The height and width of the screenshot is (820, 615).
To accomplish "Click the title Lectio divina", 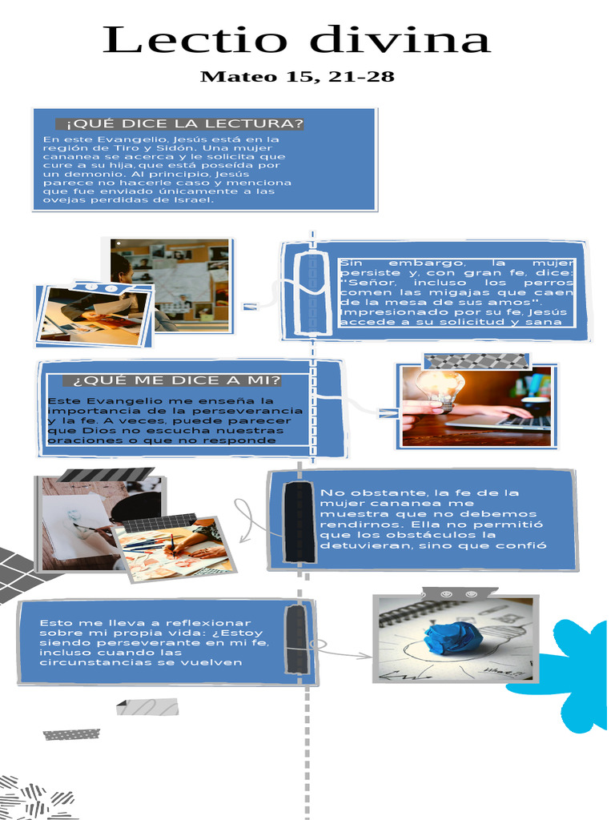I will coord(296,40).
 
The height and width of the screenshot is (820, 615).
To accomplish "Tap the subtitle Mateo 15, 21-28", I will coord(296,77).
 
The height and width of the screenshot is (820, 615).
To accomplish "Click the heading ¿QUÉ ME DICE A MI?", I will coord(176,380).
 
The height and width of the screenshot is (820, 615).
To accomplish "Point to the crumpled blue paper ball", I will coord(452,637).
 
